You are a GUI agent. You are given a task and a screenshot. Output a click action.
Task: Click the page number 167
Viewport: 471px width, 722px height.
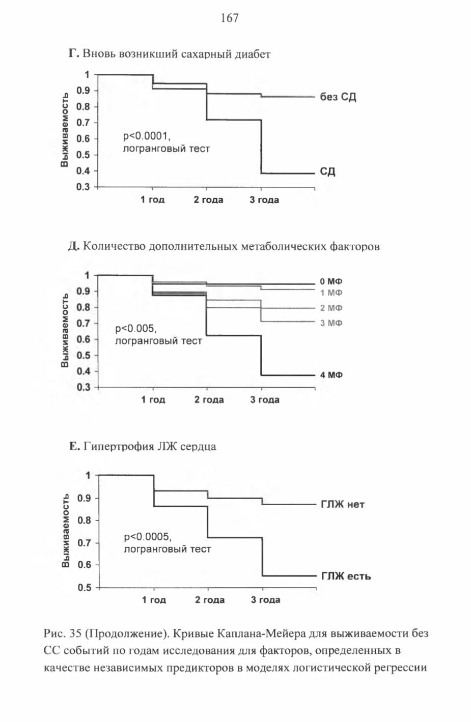(230, 18)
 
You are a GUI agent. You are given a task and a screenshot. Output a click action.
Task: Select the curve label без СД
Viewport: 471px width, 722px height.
(338, 97)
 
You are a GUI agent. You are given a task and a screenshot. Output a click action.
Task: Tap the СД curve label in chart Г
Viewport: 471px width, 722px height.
(327, 171)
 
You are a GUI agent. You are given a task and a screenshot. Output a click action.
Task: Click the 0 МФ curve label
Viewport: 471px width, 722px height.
(331, 281)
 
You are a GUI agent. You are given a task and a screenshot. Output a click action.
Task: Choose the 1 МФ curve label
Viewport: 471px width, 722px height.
(331, 293)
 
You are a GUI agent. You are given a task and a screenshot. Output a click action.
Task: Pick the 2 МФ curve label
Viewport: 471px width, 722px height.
(331, 308)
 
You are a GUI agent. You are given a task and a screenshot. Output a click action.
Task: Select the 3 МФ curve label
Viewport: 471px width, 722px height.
(331, 323)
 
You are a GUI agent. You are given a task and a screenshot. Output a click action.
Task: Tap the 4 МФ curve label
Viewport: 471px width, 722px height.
(331, 375)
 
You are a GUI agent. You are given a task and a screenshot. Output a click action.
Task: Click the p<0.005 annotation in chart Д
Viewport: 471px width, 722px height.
(136, 329)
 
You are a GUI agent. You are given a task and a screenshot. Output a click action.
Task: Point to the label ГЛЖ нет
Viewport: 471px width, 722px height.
(343, 504)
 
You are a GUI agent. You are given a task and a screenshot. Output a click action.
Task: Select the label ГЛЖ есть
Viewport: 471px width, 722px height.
(346, 576)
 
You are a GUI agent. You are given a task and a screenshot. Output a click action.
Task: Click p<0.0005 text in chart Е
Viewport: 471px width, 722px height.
(148, 537)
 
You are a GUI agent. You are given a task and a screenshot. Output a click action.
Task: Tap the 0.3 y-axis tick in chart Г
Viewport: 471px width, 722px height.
(83, 187)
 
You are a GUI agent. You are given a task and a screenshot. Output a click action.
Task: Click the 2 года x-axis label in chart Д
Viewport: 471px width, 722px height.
(209, 400)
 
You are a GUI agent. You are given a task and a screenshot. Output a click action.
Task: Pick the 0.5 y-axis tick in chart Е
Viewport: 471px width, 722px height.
(84, 588)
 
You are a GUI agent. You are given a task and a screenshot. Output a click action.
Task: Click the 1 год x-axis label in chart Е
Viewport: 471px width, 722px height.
(154, 600)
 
